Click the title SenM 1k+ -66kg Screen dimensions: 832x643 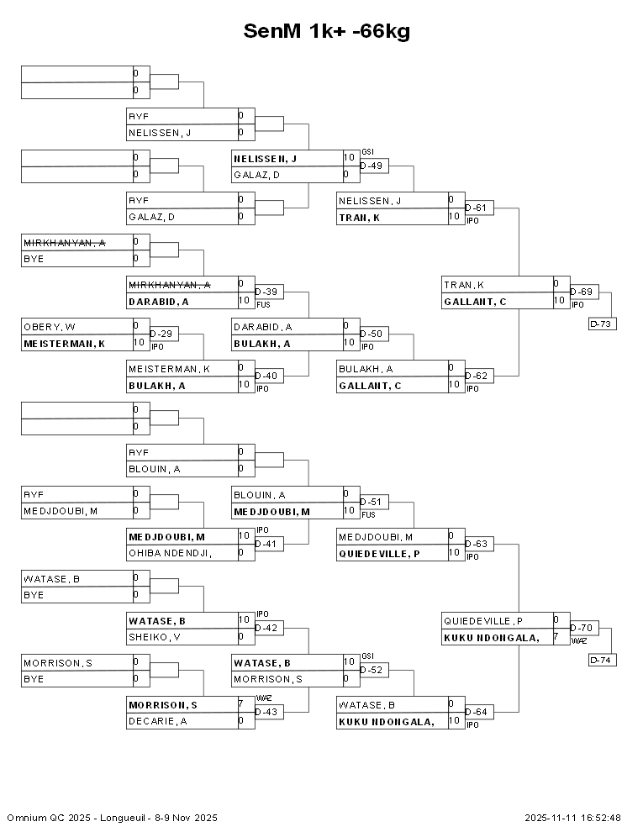326,31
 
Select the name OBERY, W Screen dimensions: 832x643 50,326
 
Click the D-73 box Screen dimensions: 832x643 603,324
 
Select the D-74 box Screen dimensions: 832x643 603,660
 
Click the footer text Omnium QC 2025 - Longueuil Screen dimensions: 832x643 112,818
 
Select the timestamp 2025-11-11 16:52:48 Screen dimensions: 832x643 572,818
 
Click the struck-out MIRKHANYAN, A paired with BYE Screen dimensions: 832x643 64,242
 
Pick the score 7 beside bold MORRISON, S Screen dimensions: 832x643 241,703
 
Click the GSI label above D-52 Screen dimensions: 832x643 367,656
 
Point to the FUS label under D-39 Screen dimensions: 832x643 262,303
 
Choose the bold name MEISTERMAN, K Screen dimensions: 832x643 64,343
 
